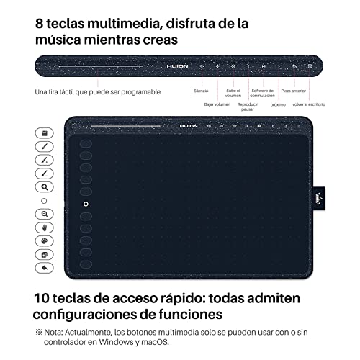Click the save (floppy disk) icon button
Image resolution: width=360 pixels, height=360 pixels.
point(44,133)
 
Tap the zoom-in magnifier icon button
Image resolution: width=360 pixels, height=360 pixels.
point(44,186)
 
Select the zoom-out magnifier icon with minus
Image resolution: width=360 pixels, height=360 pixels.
point(44,214)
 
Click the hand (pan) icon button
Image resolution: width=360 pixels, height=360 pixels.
point(44,227)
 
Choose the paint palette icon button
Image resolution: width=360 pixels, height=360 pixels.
point(44,240)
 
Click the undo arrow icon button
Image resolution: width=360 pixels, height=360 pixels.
point(44,267)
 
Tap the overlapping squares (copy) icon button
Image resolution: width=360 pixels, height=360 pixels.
point(44,254)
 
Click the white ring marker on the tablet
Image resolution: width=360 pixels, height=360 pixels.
point(86,204)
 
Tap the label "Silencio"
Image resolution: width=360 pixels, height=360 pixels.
point(202,91)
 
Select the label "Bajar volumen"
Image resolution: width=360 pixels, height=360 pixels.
point(217,104)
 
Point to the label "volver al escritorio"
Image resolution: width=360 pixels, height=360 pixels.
point(307,104)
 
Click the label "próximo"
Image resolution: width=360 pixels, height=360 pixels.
point(278,104)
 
